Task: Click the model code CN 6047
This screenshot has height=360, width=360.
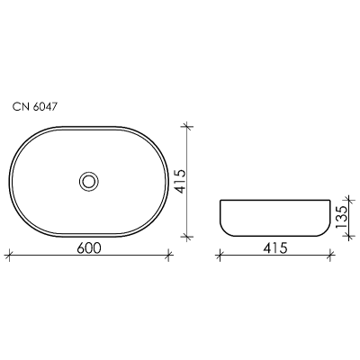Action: [34, 106]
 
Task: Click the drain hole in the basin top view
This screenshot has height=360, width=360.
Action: [89, 181]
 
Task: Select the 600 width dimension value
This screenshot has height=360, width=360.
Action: [89, 248]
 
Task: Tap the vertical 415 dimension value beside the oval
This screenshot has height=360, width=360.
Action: [181, 181]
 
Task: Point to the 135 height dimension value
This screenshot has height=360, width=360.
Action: [342, 217]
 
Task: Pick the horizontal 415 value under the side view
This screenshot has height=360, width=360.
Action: [275, 248]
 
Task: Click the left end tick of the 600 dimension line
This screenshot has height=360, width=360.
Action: [10, 256]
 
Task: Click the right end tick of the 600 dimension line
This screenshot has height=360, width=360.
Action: [169, 256]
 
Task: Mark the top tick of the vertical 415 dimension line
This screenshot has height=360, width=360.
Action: [187, 127]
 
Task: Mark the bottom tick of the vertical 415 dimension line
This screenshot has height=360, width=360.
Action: [187, 237]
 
